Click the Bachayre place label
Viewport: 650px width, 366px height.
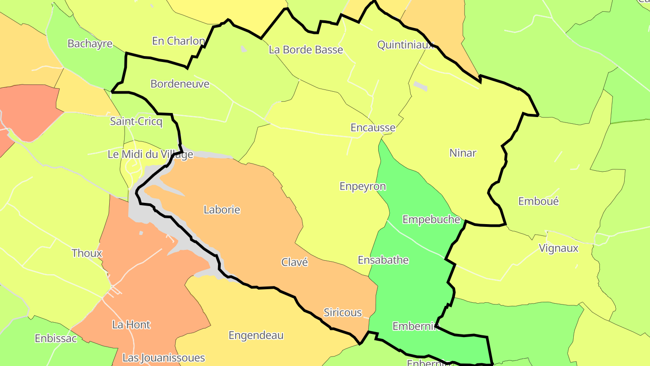90,44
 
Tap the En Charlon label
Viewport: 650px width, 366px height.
178,41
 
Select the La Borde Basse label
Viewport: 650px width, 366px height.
306,50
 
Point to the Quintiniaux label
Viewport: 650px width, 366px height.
405,45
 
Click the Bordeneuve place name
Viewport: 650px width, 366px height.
180,84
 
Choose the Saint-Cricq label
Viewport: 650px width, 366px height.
136,122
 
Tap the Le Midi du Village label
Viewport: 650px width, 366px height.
150,155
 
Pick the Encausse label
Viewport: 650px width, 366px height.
373,128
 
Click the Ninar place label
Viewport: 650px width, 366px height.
463,153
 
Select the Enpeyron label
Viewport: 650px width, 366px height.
362,187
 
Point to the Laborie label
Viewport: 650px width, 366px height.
222,210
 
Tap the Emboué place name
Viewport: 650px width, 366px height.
538,202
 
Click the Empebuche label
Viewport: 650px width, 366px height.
431,220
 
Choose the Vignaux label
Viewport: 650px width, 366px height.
558,249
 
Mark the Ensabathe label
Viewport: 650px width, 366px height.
383,260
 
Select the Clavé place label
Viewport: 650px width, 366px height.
294,263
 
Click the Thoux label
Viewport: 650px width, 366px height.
87,253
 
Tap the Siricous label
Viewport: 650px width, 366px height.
343,313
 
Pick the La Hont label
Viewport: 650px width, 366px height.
131,325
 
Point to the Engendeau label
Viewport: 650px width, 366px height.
256,336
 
